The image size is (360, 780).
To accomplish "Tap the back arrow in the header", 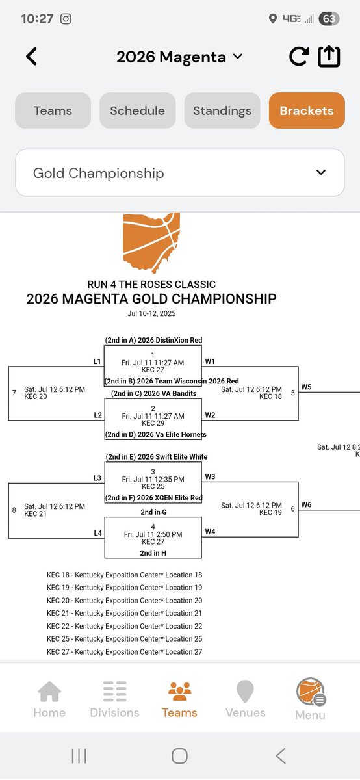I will pyautogui.click(x=31, y=57).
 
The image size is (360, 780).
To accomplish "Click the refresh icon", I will pyautogui.click(x=298, y=57).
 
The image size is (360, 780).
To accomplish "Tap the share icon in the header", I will pyautogui.click(x=329, y=57).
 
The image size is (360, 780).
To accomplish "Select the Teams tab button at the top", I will pyautogui.click(x=53, y=110).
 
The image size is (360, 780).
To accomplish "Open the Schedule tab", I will pyautogui.click(x=137, y=110).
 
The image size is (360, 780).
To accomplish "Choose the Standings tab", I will pyautogui.click(x=222, y=110).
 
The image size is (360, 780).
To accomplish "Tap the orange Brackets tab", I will pyautogui.click(x=307, y=110).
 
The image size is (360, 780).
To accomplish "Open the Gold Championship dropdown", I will pyautogui.click(x=179, y=173).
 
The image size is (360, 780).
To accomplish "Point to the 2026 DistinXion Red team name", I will pyautogui.click(x=153, y=340).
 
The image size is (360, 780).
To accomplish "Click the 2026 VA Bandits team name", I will pyautogui.click(x=153, y=393).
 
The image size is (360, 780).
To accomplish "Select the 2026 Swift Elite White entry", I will pyautogui.click(x=156, y=457).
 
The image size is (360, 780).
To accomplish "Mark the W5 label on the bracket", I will pyautogui.click(x=306, y=387).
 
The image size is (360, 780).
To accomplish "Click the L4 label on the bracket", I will pyautogui.click(x=97, y=533).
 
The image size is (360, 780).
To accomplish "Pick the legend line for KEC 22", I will pyautogui.click(x=124, y=626).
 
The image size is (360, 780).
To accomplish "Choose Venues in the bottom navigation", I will pyautogui.click(x=245, y=699).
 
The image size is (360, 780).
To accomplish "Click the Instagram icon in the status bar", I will pyautogui.click(x=66, y=19).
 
